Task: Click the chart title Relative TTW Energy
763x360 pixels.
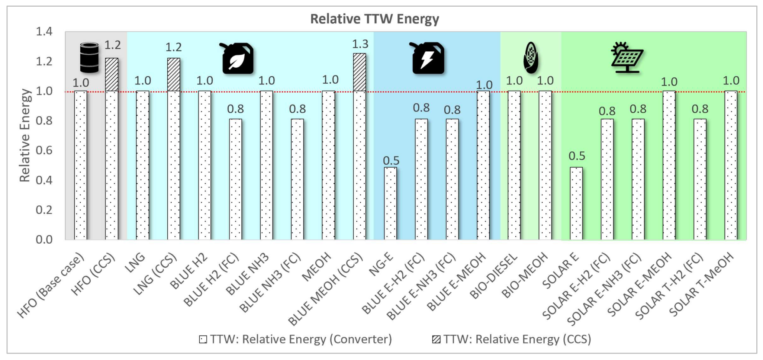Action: point(374,19)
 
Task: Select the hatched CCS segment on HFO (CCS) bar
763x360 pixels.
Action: point(112,74)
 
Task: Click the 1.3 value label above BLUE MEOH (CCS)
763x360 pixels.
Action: point(360,44)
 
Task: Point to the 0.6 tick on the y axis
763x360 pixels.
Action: point(44,150)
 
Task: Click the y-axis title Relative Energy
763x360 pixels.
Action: point(25,135)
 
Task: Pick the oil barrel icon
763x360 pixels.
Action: point(90,58)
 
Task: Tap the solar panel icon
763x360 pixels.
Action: point(627,58)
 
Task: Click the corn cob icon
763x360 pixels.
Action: point(531,58)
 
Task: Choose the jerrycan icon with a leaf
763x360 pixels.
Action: point(238,58)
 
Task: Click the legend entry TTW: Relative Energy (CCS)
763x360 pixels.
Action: point(512,339)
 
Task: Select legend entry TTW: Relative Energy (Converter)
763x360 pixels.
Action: point(296,339)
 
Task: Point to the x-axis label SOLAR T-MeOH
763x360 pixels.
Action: point(702,284)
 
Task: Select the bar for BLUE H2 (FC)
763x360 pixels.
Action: point(235,179)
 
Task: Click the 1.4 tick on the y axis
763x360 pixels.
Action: point(44,32)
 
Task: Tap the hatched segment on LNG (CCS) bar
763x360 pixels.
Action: point(174,74)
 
